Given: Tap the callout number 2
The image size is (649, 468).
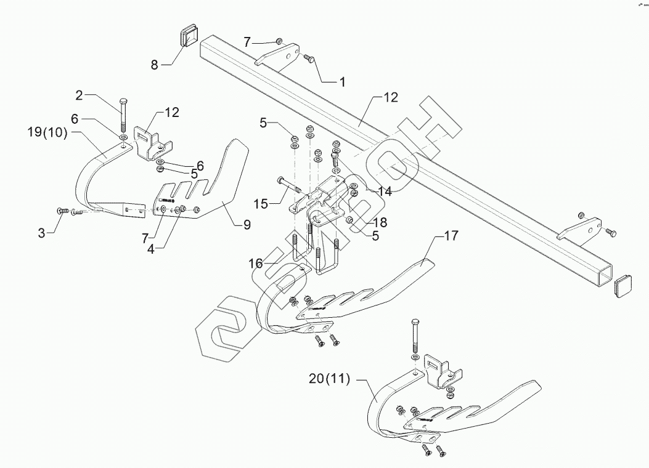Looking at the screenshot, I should click(79, 95).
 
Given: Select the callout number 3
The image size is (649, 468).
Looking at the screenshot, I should click(41, 233).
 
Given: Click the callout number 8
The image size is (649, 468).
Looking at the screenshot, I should click(154, 63).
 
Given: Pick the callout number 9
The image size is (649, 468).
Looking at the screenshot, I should click(247, 225).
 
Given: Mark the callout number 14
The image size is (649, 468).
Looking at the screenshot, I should click(385, 192).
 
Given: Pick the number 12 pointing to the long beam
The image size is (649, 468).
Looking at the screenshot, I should click(390, 97).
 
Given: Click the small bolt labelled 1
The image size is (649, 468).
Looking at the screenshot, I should click(309, 58).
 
